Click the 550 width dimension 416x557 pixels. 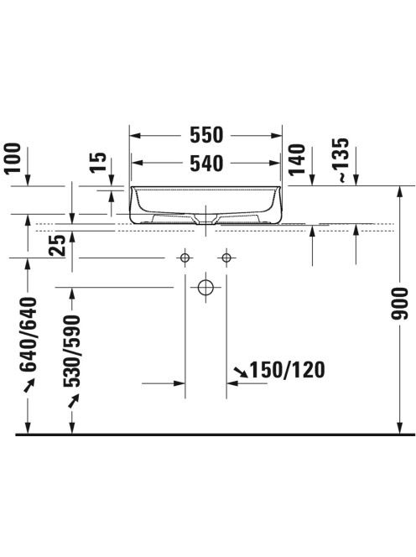(206, 135)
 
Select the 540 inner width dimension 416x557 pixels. (206, 164)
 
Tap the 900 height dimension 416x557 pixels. (400, 304)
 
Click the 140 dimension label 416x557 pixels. (297, 159)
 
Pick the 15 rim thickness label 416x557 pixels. (98, 162)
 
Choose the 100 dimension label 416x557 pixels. (13, 158)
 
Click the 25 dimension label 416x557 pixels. (58, 245)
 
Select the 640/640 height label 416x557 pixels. (28, 334)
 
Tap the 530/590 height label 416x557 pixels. (72, 351)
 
